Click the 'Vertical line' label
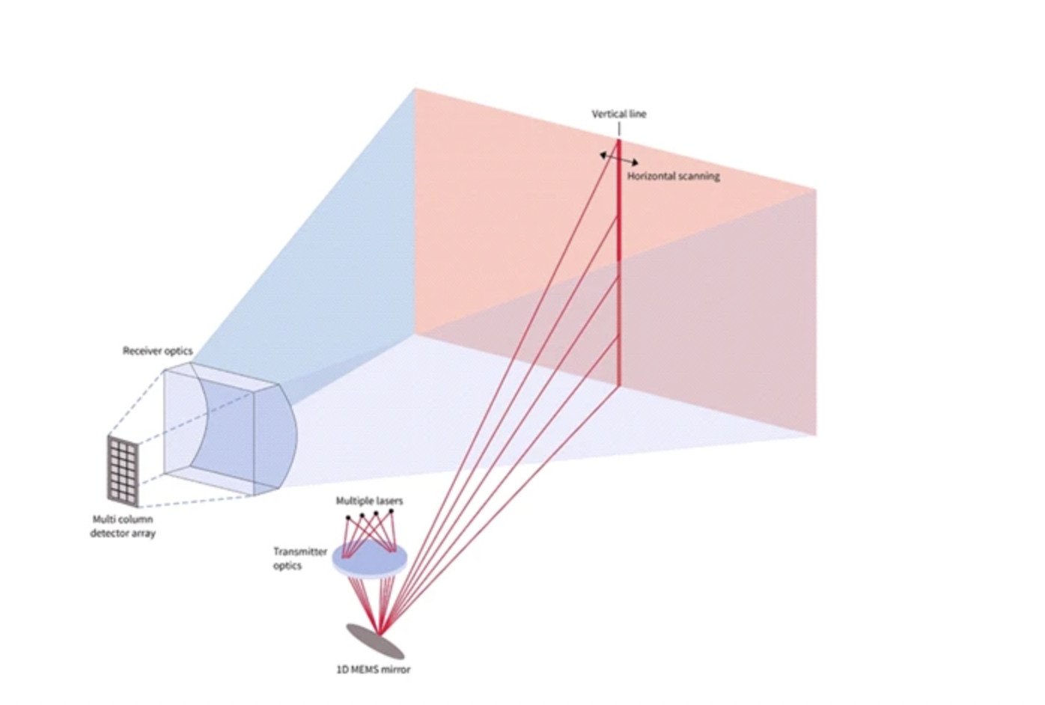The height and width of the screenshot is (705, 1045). click(x=618, y=114)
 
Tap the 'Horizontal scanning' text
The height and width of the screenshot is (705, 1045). click(x=673, y=176)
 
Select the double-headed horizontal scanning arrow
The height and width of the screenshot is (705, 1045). click(x=619, y=158)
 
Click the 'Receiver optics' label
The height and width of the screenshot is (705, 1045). click(x=157, y=350)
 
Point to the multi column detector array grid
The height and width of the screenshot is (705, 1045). click(x=123, y=469)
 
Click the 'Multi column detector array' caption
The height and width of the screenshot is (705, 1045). click(x=123, y=526)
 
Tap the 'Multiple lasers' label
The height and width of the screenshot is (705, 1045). click(x=369, y=500)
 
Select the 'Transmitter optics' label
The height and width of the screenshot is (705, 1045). click(x=299, y=558)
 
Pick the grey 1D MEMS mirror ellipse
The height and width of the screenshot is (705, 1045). click(x=374, y=641)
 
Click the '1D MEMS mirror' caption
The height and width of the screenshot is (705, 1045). click(x=373, y=669)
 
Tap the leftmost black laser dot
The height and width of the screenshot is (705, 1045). click(x=347, y=518)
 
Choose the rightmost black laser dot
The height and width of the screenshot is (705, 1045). click(x=391, y=511)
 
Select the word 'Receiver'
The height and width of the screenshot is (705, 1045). click(x=141, y=350)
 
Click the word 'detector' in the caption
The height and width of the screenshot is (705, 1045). click(x=109, y=534)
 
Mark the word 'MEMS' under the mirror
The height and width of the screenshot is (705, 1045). click(x=365, y=669)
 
